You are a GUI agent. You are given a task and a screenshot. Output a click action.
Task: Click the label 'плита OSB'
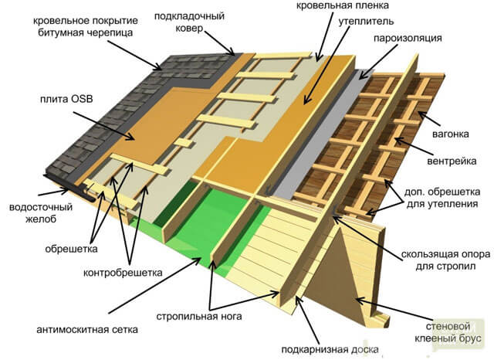66,99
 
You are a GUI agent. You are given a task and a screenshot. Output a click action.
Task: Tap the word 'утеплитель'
366,22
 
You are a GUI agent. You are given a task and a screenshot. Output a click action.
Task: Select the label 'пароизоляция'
408,38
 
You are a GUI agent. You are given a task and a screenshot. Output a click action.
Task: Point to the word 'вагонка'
451,134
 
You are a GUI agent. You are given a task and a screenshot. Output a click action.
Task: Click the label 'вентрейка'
452,161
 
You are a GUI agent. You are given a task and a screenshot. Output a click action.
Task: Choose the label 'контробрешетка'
123,273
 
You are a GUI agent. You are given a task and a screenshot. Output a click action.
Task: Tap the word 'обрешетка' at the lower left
71,249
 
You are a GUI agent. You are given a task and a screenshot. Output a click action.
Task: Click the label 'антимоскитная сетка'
87,330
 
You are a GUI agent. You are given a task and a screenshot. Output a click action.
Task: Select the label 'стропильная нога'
199,316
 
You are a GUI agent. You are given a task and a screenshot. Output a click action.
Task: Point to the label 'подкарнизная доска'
330,349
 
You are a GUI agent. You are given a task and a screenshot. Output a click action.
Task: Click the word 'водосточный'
41,207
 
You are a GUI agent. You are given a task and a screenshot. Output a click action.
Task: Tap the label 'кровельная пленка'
343,5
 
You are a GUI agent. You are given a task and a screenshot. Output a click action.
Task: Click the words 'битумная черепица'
86,32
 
